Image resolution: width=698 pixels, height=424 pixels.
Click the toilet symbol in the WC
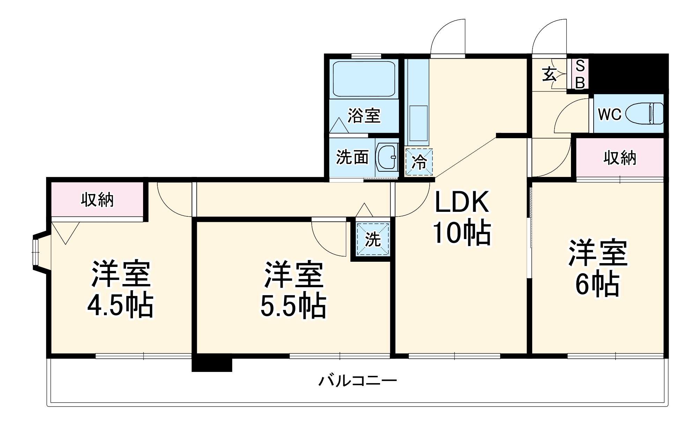[x=644, y=113]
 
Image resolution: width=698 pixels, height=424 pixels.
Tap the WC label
[x=609, y=114]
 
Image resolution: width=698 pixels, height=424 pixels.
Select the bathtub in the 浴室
[x=364, y=79]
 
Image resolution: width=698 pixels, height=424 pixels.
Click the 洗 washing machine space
[x=373, y=239]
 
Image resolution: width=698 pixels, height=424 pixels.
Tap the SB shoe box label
[x=580, y=74]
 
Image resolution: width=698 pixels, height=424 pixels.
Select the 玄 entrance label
[x=549, y=74]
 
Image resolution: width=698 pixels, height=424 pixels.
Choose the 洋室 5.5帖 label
[x=293, y=290]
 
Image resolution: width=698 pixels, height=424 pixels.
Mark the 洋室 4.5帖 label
[x=120, y=290]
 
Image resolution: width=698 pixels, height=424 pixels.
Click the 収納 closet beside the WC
[x=619, y=158]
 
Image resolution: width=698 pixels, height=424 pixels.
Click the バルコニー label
[x=357, y=380]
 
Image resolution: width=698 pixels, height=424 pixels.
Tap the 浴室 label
[x=364, y=116]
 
